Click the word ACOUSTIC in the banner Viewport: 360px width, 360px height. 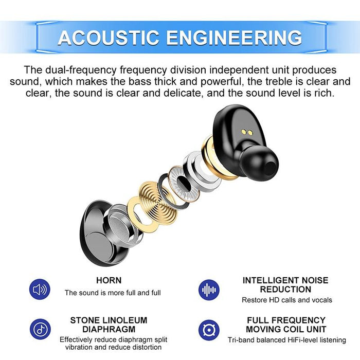[110, 38]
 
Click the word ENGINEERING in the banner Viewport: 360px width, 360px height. [234, 38]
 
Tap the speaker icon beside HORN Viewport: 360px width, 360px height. [40, 290]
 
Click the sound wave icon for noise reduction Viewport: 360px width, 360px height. [209, 290]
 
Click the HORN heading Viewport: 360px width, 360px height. [109, 280]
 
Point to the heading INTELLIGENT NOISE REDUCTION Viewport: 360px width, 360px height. [285, 285]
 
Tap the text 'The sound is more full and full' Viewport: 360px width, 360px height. [113, 293]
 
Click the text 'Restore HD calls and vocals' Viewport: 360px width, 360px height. [287, 300]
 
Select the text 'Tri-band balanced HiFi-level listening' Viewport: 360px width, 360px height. [287, 340]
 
